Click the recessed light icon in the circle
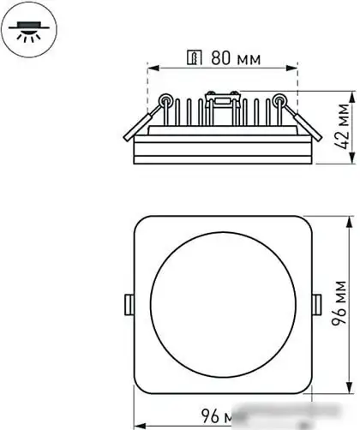pos(26,32)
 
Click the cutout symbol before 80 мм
pos(195,60)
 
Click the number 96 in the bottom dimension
pos(210,418)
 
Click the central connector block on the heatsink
pos(220,101)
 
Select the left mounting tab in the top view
pos(129,304)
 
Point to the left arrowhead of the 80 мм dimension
pos(153,69)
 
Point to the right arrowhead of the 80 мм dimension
pos(292,69)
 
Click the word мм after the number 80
pos(248,60)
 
